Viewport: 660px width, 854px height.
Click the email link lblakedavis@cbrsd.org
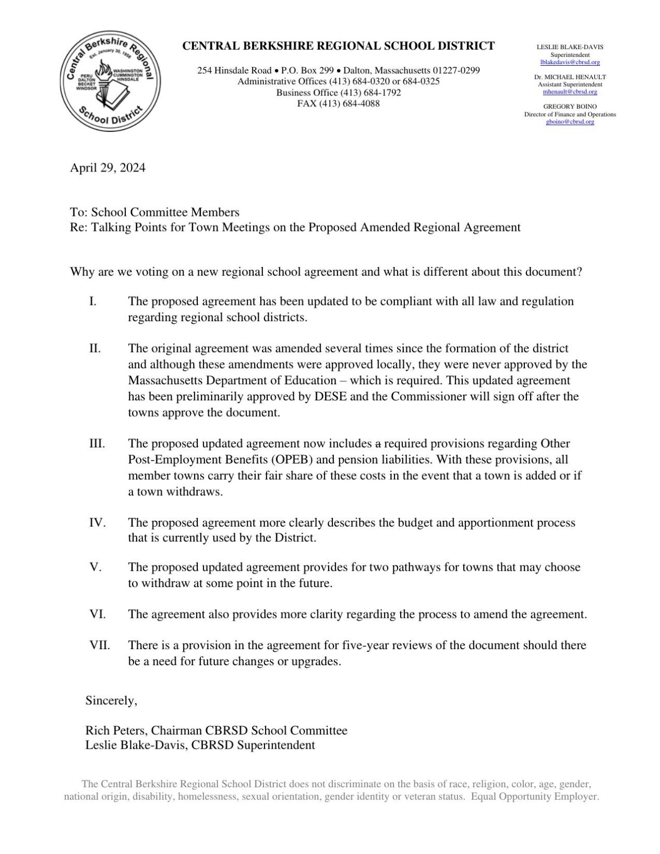[570, 62]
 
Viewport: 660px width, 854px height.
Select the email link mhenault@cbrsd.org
[570, 92]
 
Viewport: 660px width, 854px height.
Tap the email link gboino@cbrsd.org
[570, 121]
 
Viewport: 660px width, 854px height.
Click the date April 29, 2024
[108, 168]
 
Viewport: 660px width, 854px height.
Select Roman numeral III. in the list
[97, 444]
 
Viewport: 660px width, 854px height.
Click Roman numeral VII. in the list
[100, 645]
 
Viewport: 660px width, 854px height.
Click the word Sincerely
[111, 701]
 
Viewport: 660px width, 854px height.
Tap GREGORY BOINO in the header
[570, 106]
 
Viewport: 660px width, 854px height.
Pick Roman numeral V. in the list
[95, 567]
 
